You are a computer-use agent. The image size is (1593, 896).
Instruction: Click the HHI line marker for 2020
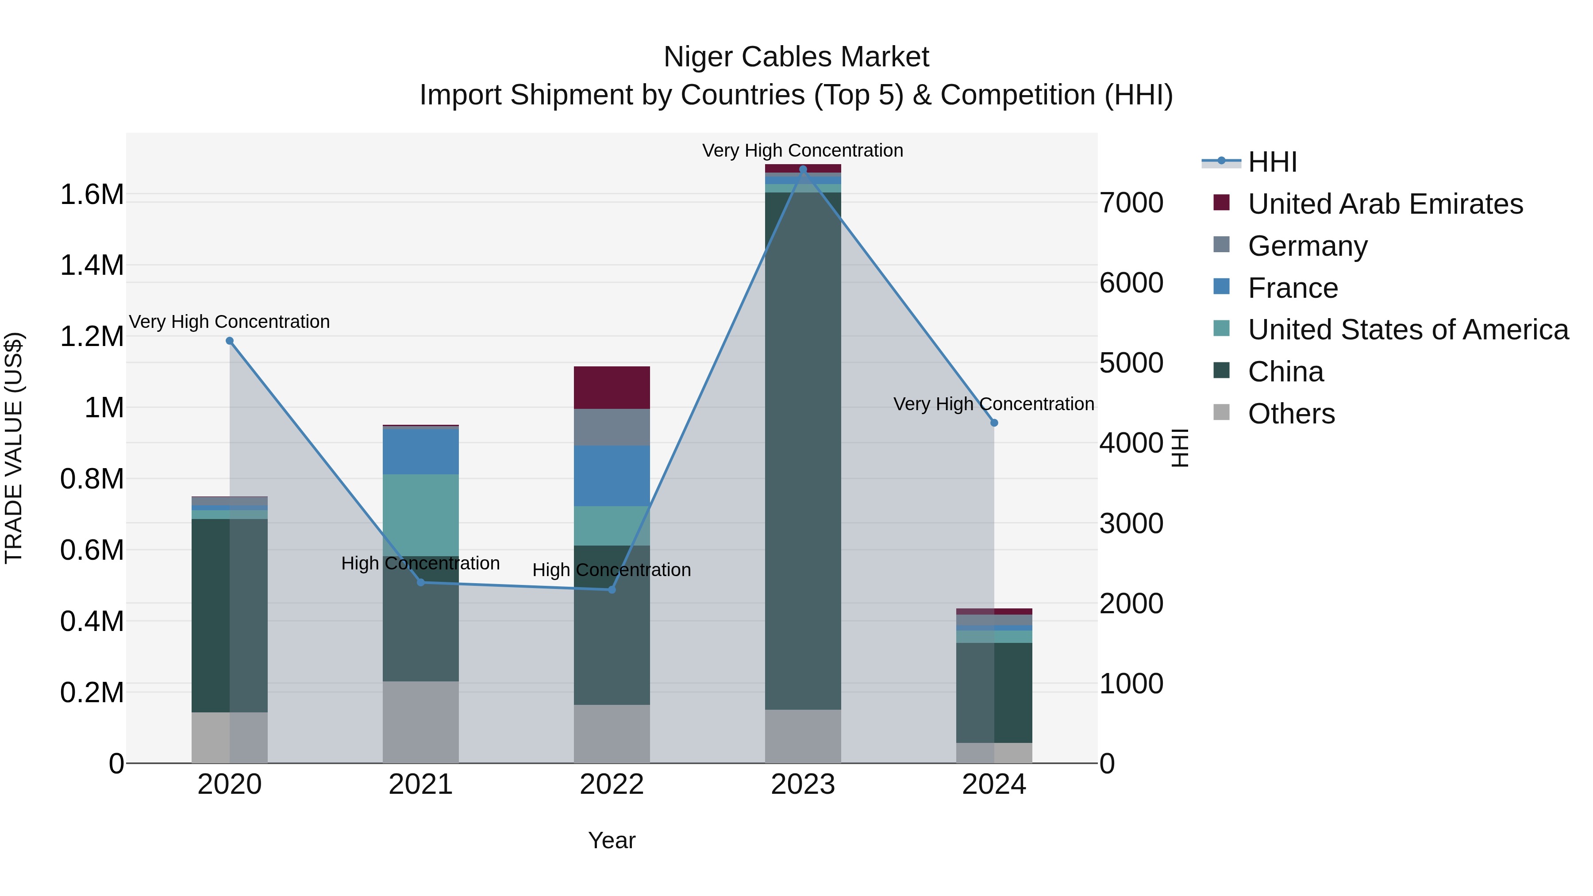point(229,341)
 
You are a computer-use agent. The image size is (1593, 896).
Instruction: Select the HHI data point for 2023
point(803,169)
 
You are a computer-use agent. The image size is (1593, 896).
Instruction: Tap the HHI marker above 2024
point(994,423)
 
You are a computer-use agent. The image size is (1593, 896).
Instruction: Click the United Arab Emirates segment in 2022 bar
point(612,387)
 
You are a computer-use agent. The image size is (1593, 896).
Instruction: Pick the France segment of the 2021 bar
point(420,451)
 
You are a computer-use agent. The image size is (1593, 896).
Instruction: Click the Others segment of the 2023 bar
point(803,736)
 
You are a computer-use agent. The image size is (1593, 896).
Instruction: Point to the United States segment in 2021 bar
point(420,515)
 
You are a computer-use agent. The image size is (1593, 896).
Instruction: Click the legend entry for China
point(1285,372)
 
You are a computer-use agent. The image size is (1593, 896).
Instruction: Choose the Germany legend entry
point(1307,246)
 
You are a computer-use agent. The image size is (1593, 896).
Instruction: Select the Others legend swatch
point(1221,412)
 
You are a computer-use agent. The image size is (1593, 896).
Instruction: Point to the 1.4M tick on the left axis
point(92,265)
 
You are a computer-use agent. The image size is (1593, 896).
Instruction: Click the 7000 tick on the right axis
point(1131,203)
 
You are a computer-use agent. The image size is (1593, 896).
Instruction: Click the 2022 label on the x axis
point(612,784)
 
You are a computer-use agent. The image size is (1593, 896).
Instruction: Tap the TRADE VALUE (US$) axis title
point(14,448)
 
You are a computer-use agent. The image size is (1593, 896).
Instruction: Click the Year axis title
point(612,840)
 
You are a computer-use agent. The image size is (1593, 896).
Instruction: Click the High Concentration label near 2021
point(420,563)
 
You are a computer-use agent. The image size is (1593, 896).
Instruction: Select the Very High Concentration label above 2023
point(803,150)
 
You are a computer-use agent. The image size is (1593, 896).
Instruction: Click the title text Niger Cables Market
point(796,57)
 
